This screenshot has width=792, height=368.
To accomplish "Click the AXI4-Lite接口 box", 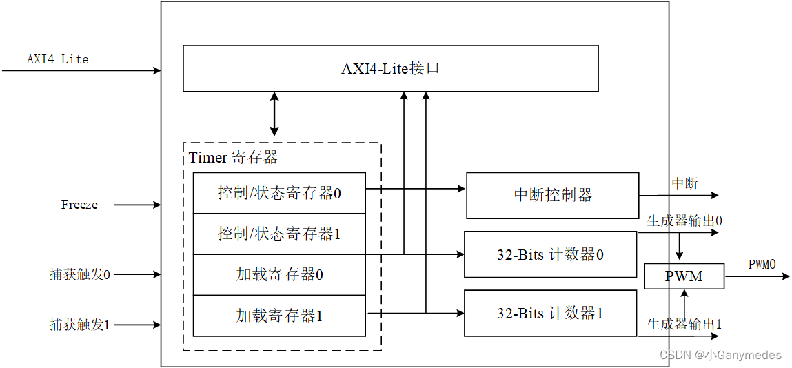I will pyautogui.click(x=390, y=68).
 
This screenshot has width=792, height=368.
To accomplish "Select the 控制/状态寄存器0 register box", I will pyautogui.click(x=279, y=193).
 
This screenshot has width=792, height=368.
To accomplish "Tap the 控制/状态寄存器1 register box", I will pyautogui.click(x=279, y=234).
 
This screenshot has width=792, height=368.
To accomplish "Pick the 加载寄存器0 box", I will pyautogui.click(x=279, y=274).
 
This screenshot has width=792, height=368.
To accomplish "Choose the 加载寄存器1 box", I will pyautogui.click(x=279, y=316).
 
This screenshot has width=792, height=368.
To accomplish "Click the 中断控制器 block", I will pyautogui.click(x=552, y=195).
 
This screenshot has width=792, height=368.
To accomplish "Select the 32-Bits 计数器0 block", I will pyautogui.click(x=550, y=254).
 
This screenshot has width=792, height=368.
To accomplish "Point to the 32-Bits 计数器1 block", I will pyautogui.click(x=550, y=313).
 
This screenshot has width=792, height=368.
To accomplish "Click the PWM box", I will pyautogui.click(x=684, y=276).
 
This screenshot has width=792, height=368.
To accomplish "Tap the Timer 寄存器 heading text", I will pyautogui.click(x=233, y=158).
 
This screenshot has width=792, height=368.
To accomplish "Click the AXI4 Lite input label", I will pyautogui.click(x=58, y=59).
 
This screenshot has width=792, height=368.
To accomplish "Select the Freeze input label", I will pyautogui.click(x=79, y=205).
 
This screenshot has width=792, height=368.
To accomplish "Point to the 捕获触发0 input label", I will pyautogui.click(x=80, y=274).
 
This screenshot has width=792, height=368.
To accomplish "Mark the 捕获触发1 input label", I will pyautogui.click(x=80, y=325).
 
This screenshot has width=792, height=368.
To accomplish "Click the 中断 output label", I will pyautogui.click(x=684, y=183).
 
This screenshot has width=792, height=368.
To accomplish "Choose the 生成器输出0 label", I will pyautogui.click(x=684, y=221).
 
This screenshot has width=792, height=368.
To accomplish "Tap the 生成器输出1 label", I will pyautogui.click(x=684, y=324).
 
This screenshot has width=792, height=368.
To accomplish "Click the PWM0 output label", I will pyautogui.click(x=762, y=265).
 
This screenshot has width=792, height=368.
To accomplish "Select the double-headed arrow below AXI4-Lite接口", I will pyautogui.click(x=274, y=114).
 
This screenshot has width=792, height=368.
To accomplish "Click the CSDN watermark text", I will pyautogui.click(x=720, y=355).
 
